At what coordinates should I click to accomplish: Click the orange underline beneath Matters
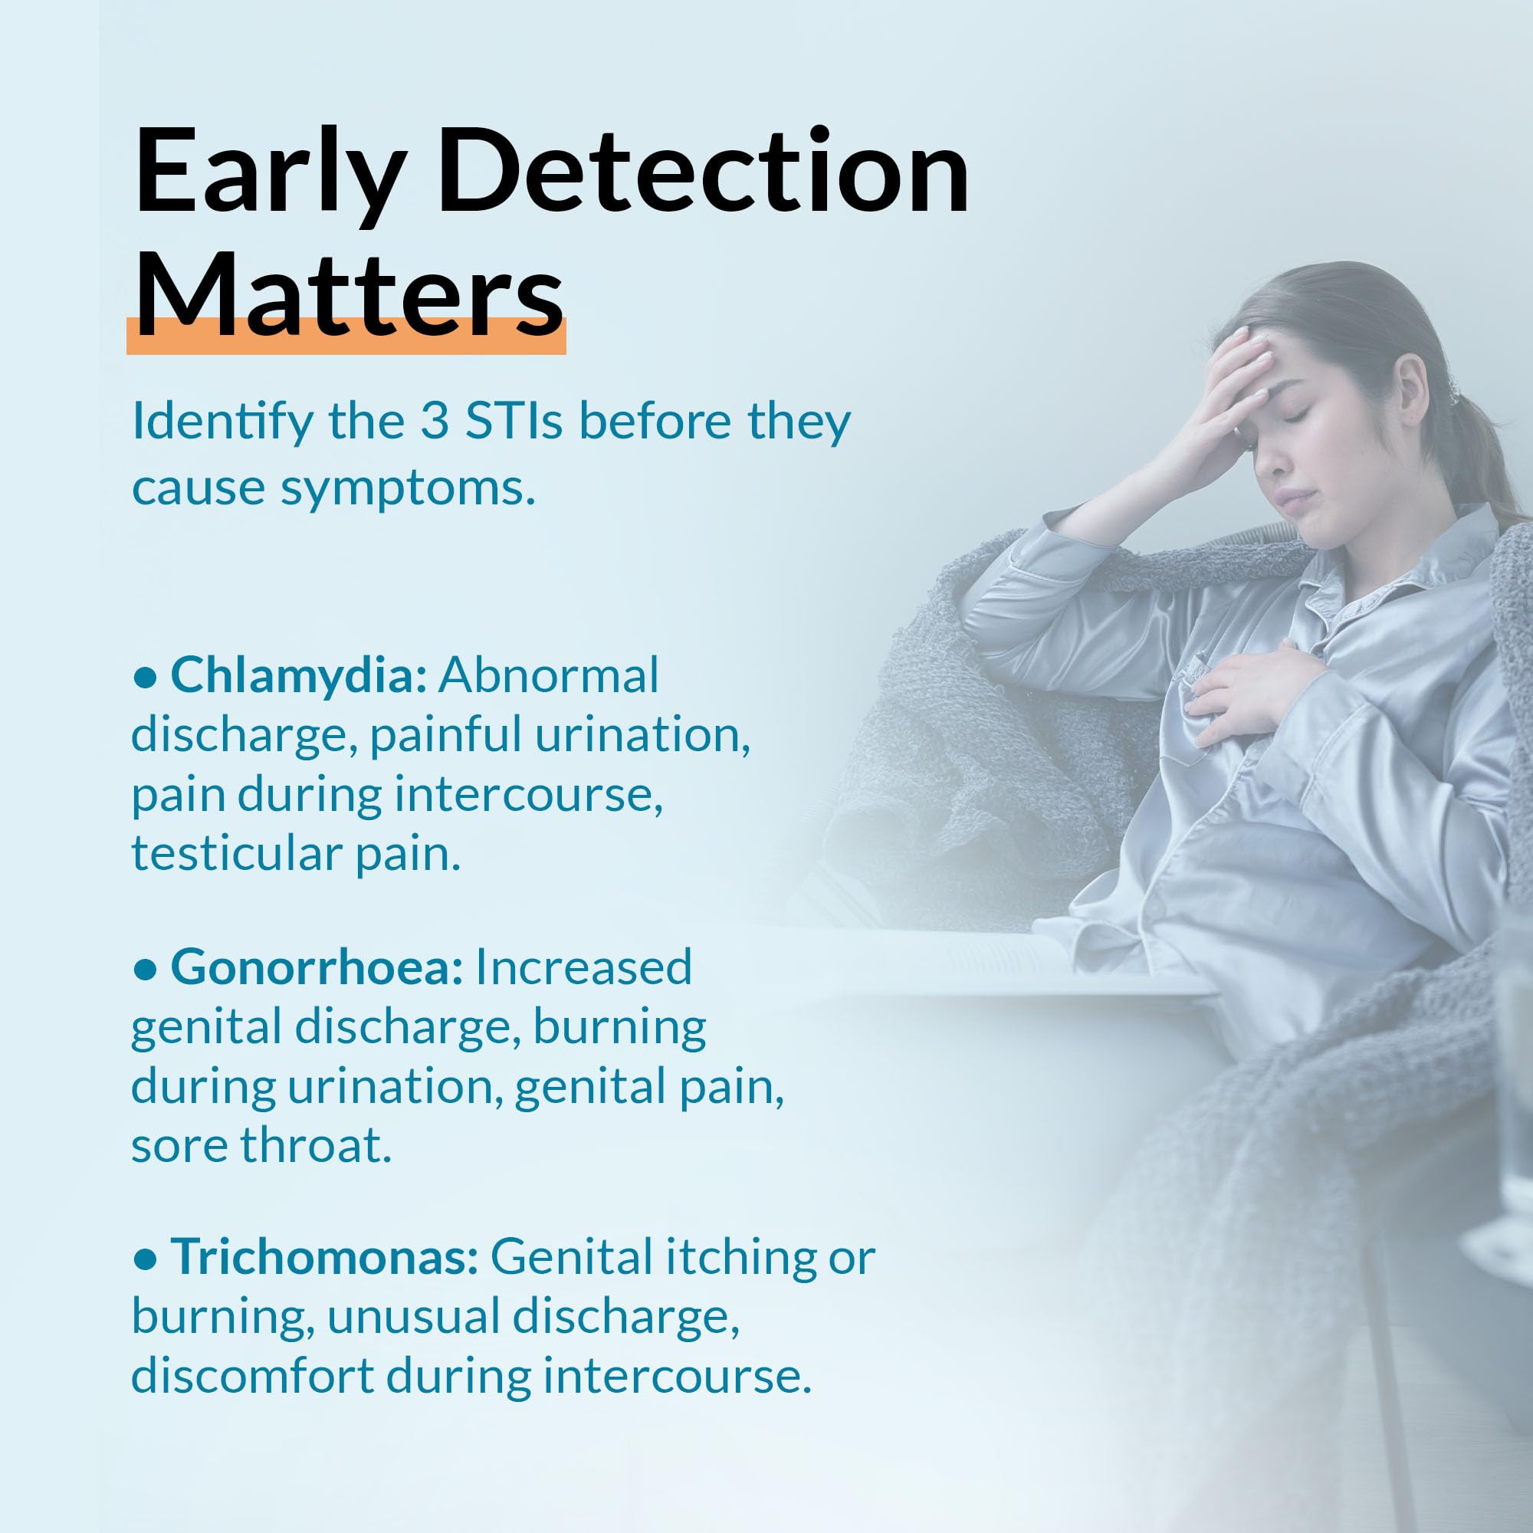pos(346,336)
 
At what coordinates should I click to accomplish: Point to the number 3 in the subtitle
pos(435,422)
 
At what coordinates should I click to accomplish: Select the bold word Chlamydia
pos(299,676)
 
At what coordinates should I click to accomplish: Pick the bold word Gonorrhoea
pos(317,968)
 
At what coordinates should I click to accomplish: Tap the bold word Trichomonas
pos(324,1257)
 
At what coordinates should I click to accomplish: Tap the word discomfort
pos(252,1376)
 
